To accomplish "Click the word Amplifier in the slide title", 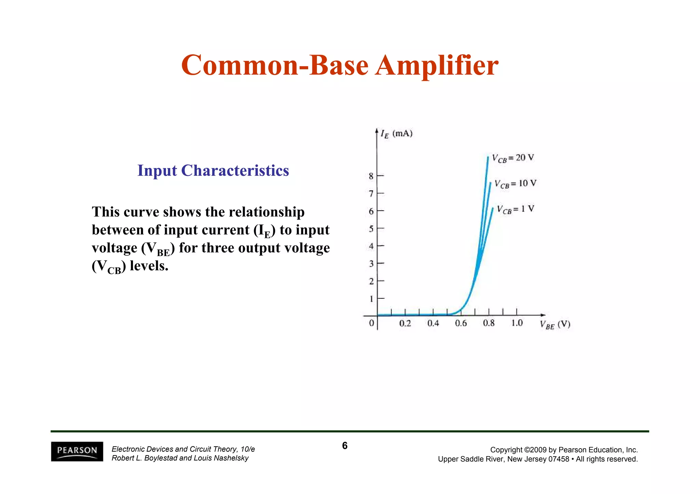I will [436, 65].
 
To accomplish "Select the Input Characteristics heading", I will [213, 170].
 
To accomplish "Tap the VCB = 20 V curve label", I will [513, 158].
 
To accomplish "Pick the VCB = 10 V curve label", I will [515, 184].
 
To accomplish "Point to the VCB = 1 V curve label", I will [515, 209].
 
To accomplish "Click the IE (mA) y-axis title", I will [396, 133].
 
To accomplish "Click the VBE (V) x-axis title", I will [555, 324].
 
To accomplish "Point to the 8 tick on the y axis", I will [371, 176].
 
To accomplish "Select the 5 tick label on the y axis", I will [371, 228].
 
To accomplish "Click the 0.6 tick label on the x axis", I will [461, 323].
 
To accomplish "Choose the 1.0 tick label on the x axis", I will [517, 323].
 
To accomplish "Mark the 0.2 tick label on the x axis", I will [405, 323].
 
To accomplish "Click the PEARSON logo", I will [77, 451].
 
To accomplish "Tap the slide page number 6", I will [345, 446].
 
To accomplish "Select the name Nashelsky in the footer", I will [231, 458].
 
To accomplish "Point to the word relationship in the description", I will [267, 212].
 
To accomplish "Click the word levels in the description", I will [149, 266].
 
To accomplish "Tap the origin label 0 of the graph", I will [372, 323].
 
